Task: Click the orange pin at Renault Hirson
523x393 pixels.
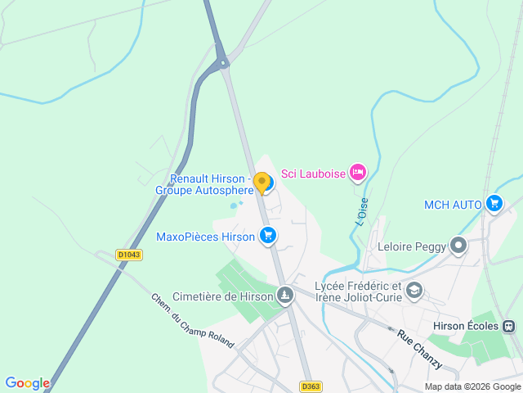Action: click(x=261, y=183)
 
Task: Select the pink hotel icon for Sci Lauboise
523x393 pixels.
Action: click(x=357, y=173)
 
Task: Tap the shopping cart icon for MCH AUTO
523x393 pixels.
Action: click(x=494, y=203)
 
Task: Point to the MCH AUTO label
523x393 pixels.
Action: click(x=453, y=204)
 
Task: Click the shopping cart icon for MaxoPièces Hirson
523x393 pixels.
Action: click(x=267, y=237)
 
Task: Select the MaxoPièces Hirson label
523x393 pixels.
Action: click(x=206, y=237)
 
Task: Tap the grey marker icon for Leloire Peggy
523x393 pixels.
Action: click(x=459, y=245)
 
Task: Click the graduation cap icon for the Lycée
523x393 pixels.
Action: click(x=415, y=290)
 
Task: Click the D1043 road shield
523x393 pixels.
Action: click(x=129, y=255)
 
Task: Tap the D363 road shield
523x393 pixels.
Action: click(x=310, y=386)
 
